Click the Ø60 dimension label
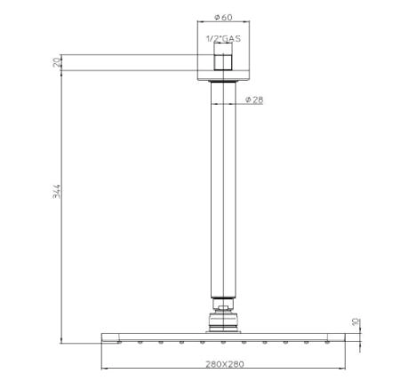coord(223,17)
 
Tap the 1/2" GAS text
coord(223,39)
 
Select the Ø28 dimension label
coord(254,99)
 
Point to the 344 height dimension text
coord(58,191)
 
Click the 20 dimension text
coord(57,62)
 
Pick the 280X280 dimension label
coord(225,364)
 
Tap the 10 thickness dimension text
coord(356,321)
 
